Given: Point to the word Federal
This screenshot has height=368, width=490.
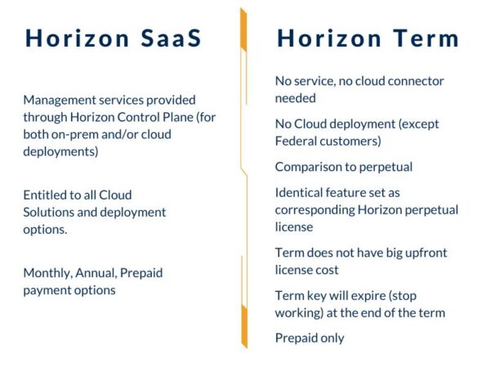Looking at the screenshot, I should [x=298, y=141].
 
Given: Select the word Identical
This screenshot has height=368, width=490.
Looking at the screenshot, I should [x=300, y=193].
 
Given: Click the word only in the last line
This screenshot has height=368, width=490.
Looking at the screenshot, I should [x=332, y=338].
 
